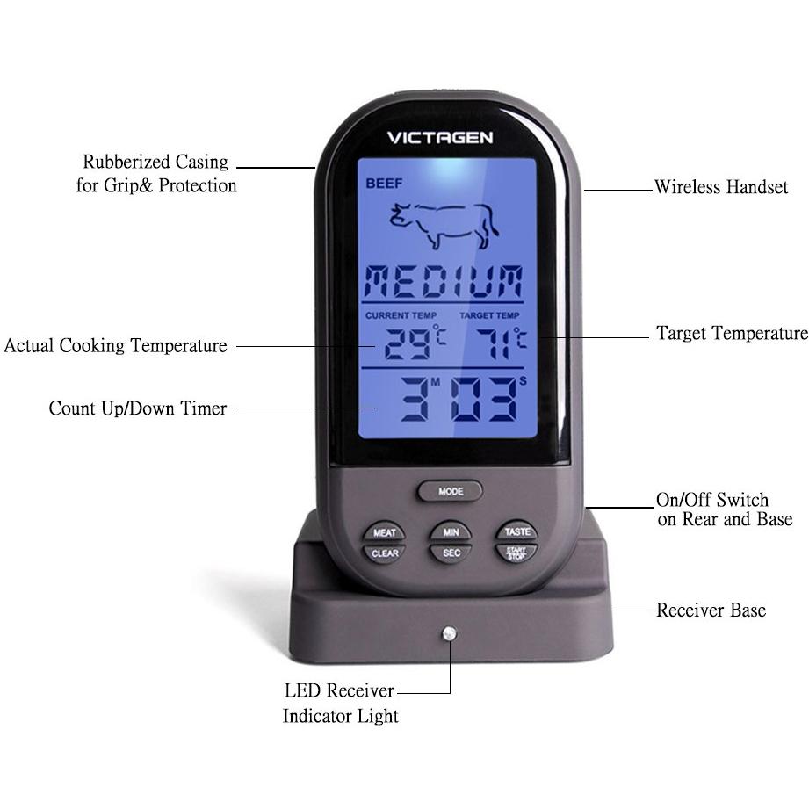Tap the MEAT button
385,532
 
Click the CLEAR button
385,553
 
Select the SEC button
451,553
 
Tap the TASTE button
517,531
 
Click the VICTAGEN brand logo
440,138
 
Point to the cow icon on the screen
444,226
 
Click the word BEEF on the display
384,184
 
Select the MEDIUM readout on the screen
444,281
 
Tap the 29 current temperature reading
407,344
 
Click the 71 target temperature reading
494,344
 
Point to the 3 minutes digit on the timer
415,399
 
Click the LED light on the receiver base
450,633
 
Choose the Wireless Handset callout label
721,187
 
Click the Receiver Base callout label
711,610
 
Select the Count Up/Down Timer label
138,408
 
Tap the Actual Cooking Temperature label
116,346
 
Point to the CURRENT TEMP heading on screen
401,315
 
